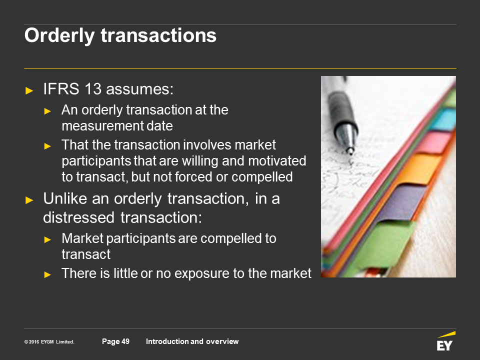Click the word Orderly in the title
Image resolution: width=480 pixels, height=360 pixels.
coord(59,36)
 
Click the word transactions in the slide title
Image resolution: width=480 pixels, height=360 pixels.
coord(158,35)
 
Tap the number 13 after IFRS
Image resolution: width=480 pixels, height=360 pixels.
coord(93,89)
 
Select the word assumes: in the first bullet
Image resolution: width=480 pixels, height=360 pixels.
coord(139,89)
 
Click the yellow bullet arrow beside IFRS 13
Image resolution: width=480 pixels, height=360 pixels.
coord(29,90)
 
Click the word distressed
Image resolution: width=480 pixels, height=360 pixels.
coord(78,217)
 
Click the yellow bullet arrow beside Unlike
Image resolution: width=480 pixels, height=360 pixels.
coord(29,200)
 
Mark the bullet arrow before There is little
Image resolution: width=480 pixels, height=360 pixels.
coord(47,274)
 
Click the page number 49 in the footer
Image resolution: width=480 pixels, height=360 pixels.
coord(125,341)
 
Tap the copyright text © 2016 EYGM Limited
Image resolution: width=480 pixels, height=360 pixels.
coord(49,342)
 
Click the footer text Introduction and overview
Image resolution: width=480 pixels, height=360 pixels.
coord(192,341)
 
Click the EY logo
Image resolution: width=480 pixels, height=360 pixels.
coord(445,341)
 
